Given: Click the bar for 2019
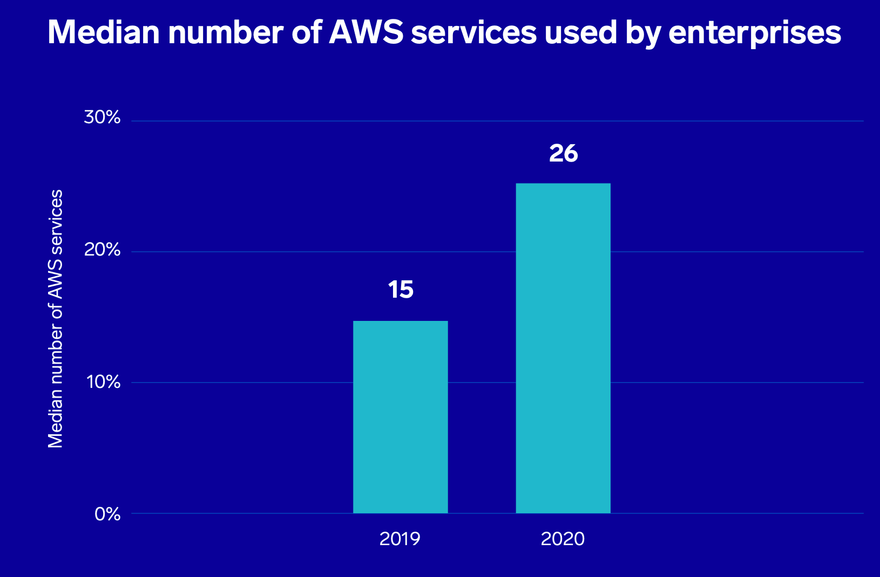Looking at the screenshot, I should pos(400,417).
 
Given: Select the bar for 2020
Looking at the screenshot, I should pos(563,348).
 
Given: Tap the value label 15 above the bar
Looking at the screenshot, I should pos(401,290).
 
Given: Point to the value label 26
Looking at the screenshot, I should pos(563,154).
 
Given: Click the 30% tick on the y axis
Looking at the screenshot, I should pos(102,118).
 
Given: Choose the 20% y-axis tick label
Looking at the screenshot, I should pos(102,250).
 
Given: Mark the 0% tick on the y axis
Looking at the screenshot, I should pos(107,514).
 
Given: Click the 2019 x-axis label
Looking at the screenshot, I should pos(400,539).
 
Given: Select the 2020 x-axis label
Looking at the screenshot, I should pos(563,539).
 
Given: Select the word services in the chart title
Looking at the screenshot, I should pos(473,32).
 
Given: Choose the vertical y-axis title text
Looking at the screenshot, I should pos(56,319).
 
